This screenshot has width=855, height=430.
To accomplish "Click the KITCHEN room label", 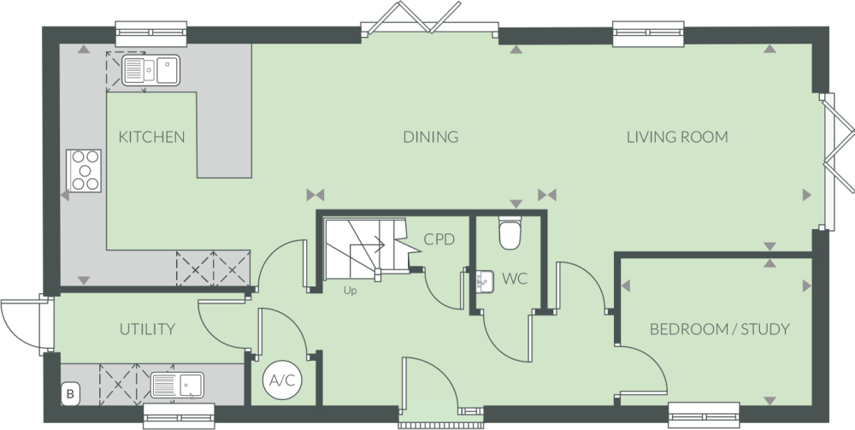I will pos(152,137).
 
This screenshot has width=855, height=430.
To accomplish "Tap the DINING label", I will pos(432,137).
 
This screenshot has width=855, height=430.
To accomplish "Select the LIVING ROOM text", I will pos(676,137).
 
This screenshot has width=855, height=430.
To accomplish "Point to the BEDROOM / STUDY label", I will pos(719,329).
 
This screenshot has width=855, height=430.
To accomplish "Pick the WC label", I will pos(514,279).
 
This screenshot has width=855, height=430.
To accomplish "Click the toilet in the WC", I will pos(510,233).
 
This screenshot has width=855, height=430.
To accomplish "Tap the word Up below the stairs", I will pos(350,291).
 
